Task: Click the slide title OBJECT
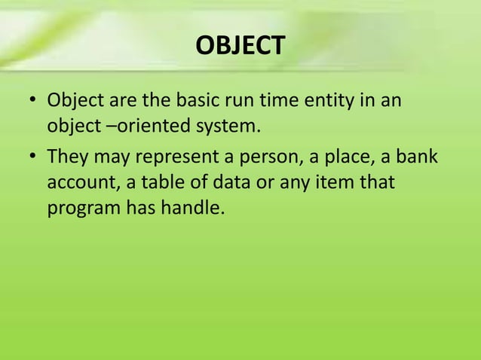pos(240,46)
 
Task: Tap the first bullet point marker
pos(32,101)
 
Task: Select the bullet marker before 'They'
pos(32,159)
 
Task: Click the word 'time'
pos(276,100)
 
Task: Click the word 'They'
pos(68,158)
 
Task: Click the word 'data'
pos(228,183)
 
